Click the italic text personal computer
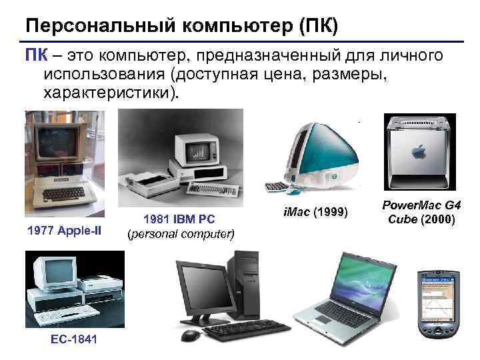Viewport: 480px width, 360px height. pyautogui.click(x=181, y=233)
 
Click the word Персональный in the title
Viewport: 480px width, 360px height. pyautogui.click(x=89, y=25)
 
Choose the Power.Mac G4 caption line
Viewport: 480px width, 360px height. pyautogui.click(x=421, y=207)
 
